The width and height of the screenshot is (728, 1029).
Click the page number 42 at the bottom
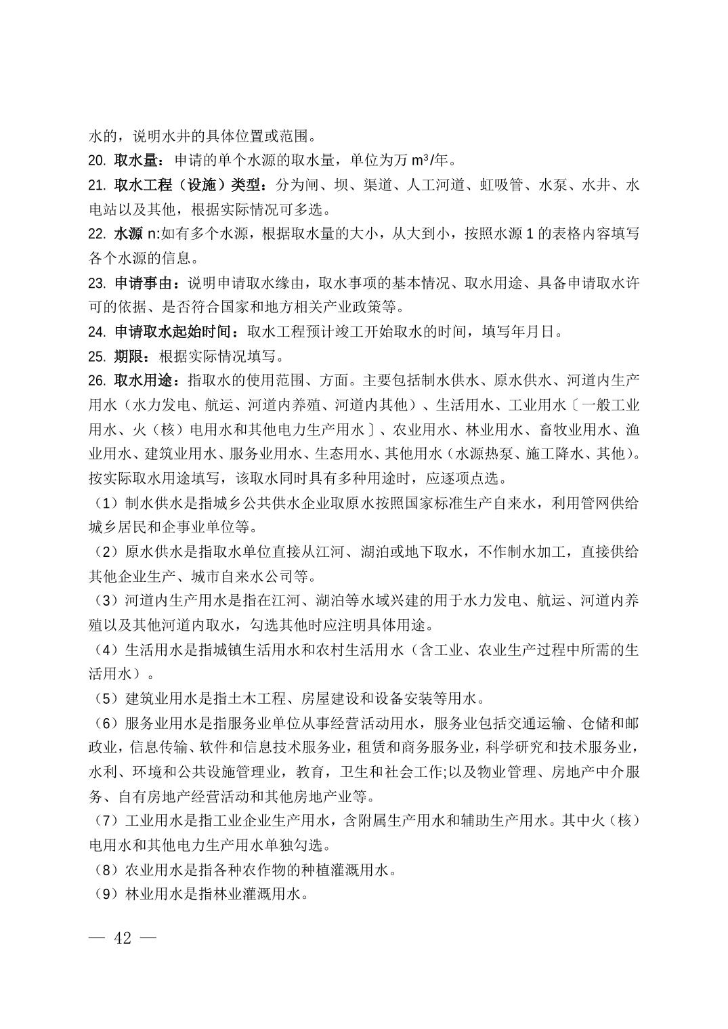tap(123, 938)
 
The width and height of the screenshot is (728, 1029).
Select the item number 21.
tap(97, 185)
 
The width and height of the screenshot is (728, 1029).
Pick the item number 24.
tap(97, 331)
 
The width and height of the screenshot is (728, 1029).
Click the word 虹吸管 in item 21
tap(502, 185)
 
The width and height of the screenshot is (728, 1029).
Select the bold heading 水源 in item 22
tap(128, 234)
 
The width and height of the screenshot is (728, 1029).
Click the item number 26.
tap(97, 380)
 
